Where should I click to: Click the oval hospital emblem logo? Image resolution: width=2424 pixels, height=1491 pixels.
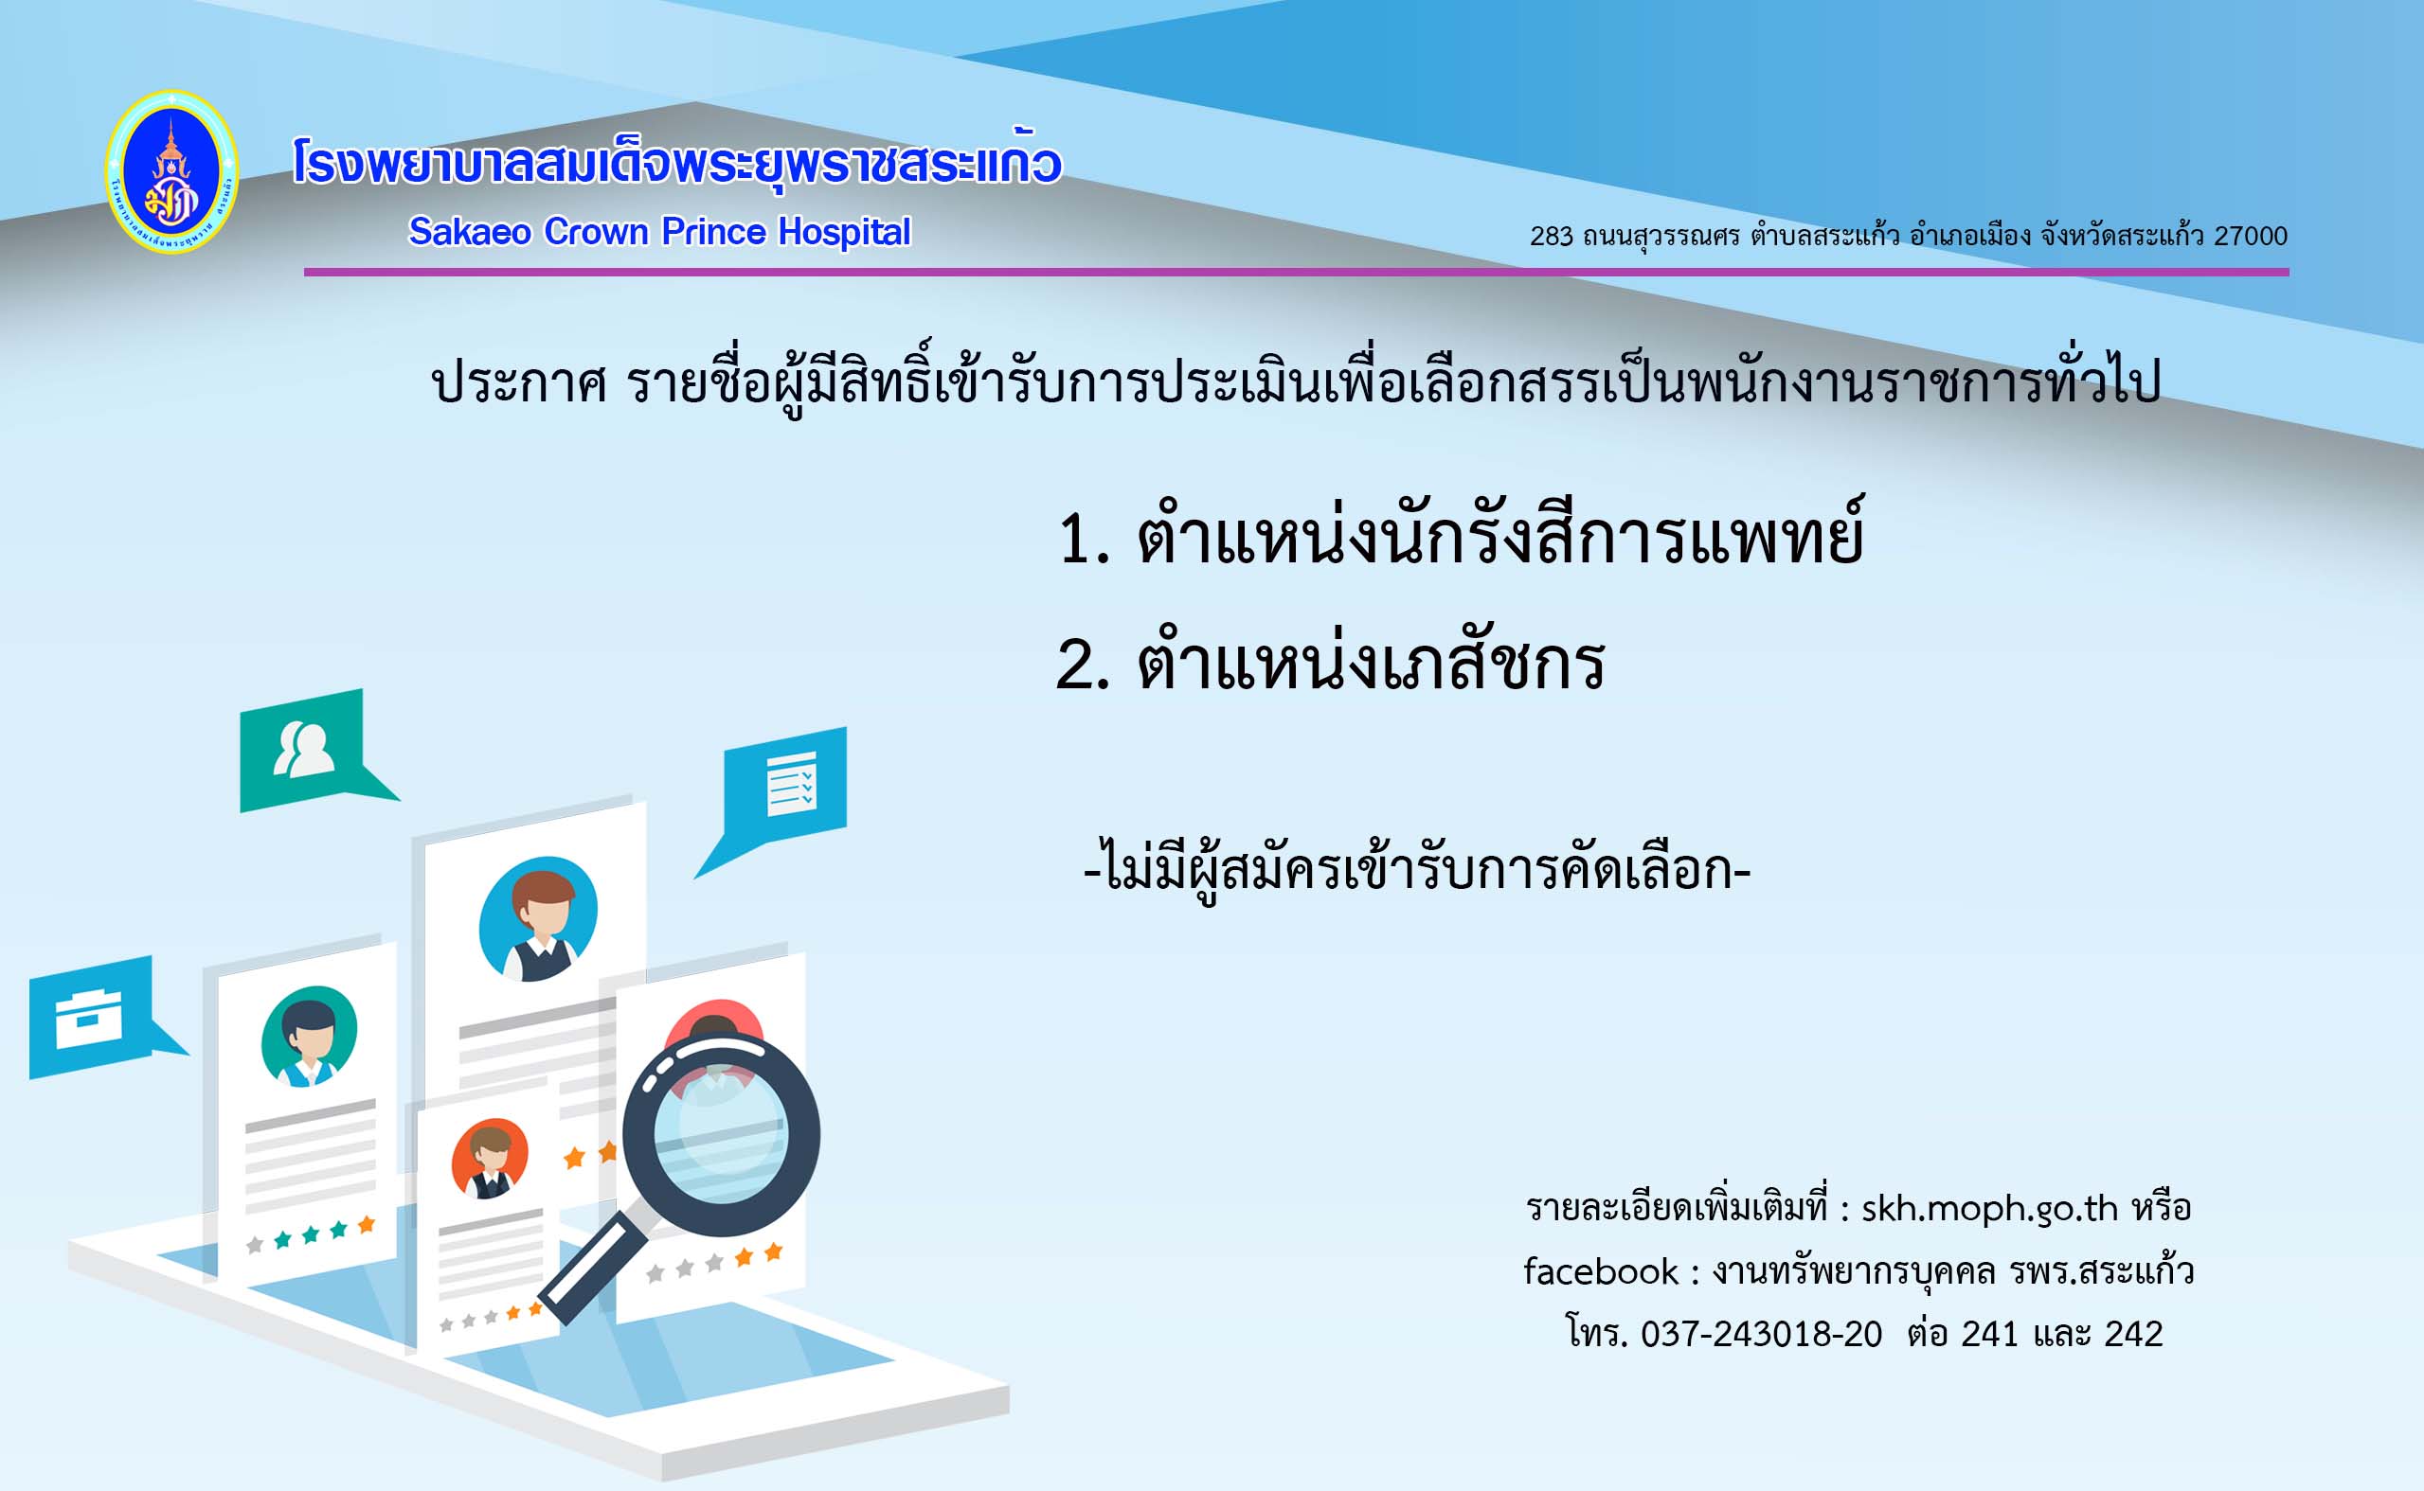click(x=171, y=171)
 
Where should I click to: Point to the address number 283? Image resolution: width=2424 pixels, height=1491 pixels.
click(x=1552, y=236)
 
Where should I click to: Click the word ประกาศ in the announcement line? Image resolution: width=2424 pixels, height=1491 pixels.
click(x=519, y=382)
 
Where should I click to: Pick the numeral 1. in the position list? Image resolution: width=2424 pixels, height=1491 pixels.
click(x=1084, y=540)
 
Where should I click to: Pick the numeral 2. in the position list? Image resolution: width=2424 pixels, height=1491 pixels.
click(x=1084, y=664)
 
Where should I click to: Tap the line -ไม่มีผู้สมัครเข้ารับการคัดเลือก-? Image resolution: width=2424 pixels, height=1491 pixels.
click(x=1417, y=868)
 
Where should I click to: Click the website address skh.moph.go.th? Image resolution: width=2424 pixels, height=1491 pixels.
click(x=1989, y=1209)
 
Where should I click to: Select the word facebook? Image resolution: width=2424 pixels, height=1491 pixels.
click(x=1600, y=1271)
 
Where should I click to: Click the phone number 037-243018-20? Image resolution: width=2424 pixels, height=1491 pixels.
click(x=1761, y=1334)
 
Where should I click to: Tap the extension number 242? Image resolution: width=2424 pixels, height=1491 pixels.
click(x=2133, y=1334)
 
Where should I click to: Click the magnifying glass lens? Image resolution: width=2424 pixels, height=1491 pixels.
click(x=720, y=1133)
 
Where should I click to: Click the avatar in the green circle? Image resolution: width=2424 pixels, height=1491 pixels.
click(x=309, y=1037)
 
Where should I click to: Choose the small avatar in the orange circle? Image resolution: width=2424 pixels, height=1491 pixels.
click(x=491, y=1160)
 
